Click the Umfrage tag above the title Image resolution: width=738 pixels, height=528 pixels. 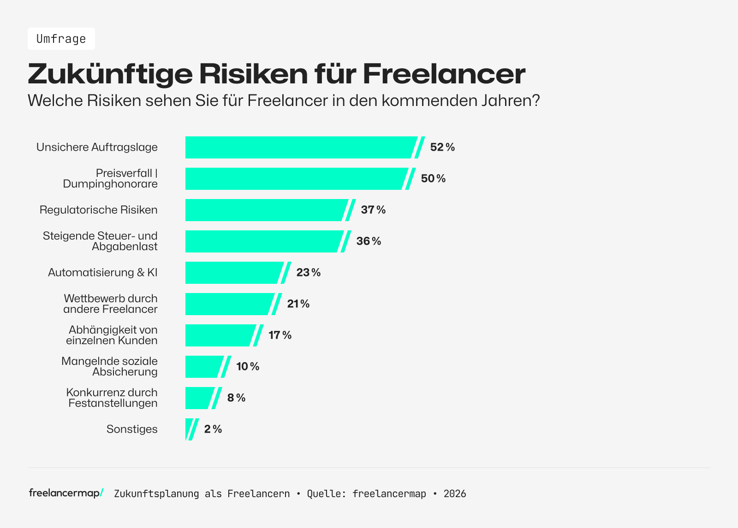[x=61, y=39]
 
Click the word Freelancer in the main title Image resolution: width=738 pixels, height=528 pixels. [x=444, y=74]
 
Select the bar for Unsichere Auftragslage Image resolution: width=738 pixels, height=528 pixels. [x=300, y=147]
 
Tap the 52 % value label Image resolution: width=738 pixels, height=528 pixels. [x=442, y=147]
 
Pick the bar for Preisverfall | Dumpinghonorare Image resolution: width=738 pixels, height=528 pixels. [x=295, y=179]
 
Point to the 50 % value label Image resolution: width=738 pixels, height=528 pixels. [x=433, y=179]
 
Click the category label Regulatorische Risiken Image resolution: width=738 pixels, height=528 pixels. [x=98, y=210]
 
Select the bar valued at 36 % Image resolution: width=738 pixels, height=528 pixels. [x=263, y=241]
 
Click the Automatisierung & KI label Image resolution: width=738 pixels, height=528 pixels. [x=102, y=273]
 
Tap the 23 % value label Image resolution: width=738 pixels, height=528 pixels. [x=308, y=273]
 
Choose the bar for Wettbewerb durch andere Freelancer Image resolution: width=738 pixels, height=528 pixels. [x=228, y=304]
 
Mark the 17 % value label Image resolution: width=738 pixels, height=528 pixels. [x=280, y=335]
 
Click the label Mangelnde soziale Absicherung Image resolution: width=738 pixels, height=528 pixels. [x=110, y=367]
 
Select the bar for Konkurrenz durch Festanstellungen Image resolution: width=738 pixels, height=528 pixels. [x=199, y=398]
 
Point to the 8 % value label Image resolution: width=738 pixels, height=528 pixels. [x=236, y=398]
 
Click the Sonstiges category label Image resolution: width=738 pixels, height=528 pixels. [x=132, y=429]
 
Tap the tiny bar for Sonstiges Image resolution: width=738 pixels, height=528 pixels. [x=189, y=429]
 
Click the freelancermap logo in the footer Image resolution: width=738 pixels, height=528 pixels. [x=66, y=493]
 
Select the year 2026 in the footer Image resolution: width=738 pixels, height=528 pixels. [x=455, y=494]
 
